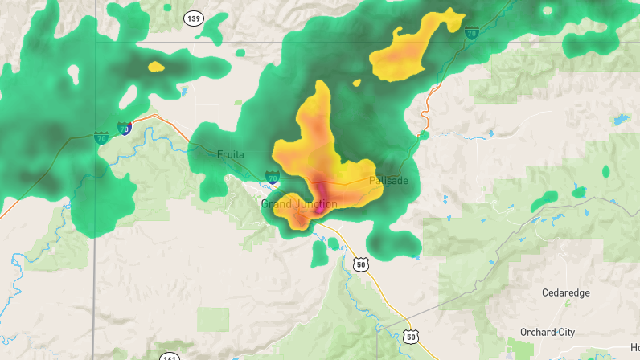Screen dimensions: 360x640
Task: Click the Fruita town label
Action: coord(230,154)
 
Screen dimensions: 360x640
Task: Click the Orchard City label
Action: coord(547,332)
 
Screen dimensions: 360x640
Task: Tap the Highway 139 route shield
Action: coord(193,18)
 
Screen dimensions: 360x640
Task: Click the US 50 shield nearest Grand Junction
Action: coord(360,263)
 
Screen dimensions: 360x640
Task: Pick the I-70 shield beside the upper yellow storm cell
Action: coord(472,33)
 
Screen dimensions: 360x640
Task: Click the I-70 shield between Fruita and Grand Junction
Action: coord(273,177)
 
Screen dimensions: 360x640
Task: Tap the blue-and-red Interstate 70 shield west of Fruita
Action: coord(124,129)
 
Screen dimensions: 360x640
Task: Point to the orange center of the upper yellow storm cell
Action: coord(410,53)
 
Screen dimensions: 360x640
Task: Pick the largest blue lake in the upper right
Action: coord(620,119)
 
